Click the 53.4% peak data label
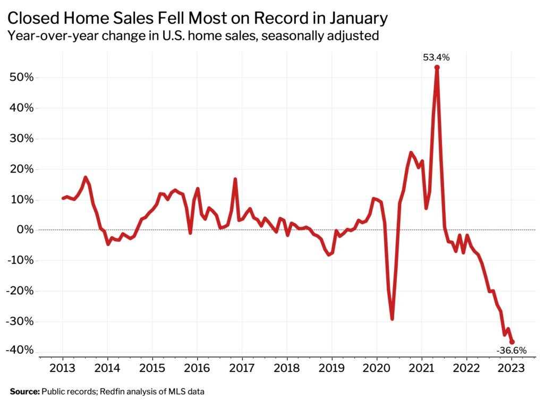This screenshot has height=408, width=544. click(x=436, y=57)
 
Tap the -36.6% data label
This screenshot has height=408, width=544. click(x=511, y=351)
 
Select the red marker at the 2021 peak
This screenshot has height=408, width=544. click(x=437, y=67)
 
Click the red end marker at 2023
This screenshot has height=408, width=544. click(x=512, y=342)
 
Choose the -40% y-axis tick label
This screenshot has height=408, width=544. click(x=21, y=351)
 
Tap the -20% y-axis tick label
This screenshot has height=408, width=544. click(x=21, y=291)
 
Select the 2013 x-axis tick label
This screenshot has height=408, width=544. click(x=62, y=369)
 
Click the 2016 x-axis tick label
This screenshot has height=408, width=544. click(x=197, y=369)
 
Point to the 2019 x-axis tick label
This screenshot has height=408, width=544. click(x=331, y=369)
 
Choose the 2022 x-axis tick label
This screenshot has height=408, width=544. click(x=466, y=369)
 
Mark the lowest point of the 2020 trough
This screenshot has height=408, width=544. click(x=392, y=319)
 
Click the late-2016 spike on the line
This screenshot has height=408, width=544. click(x=235, y=179)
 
